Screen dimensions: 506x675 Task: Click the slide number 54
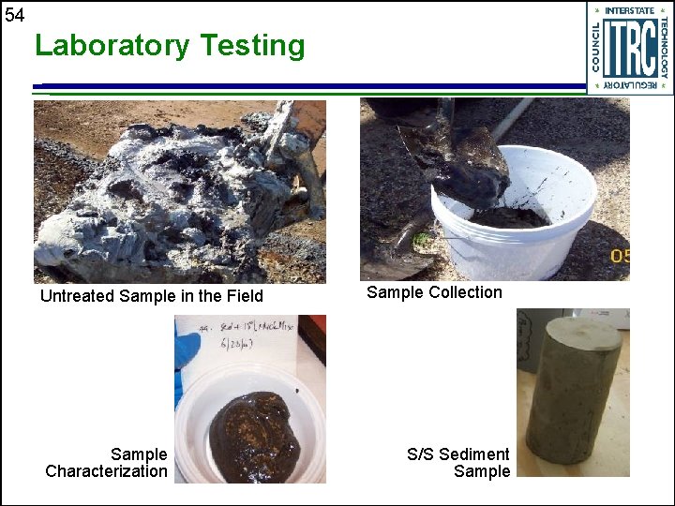tap(14, 14)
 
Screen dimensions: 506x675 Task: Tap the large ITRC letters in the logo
tap(629, 49)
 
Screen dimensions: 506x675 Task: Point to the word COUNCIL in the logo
tap(596, 46)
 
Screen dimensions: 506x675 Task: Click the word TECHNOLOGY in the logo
tap(664, 46)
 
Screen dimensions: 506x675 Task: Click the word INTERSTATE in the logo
tap(629, 10)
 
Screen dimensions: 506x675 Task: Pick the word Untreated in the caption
tap(78, 296)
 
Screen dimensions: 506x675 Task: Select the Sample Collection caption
tap(434, 292)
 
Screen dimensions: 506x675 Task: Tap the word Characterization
tap(106, 471)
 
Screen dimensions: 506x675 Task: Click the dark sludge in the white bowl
tap(252, 437)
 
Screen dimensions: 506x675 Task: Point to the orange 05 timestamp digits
tap(620, 255)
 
